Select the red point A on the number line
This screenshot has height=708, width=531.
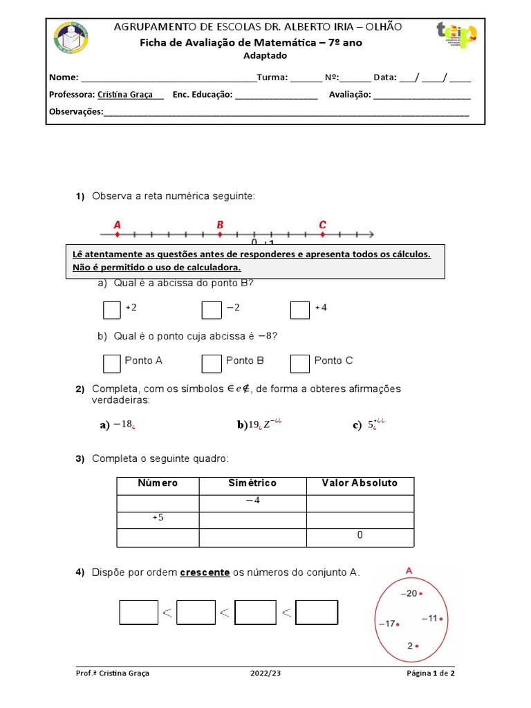point(117,234)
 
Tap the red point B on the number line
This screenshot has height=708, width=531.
point(220,234)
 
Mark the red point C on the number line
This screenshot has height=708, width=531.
point(323,234)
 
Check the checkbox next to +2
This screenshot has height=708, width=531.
point(111,310)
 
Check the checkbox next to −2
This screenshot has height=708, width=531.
point(211,310)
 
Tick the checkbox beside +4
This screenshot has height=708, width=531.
point(299,310)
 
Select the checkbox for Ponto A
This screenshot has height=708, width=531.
point(111,363)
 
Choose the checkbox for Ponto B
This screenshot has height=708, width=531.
point(211,363)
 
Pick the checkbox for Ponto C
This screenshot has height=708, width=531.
point(299,363)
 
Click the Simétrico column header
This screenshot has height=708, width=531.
point(252,483)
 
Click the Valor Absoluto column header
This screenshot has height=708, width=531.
point(360,483)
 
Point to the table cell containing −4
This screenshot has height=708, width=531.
point(252,501)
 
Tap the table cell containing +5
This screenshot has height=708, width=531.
point(158,519)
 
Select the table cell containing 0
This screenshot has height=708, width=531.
point(360,536)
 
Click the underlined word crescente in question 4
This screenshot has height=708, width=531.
point(205,572)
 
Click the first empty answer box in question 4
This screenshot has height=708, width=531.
point(139,612)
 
